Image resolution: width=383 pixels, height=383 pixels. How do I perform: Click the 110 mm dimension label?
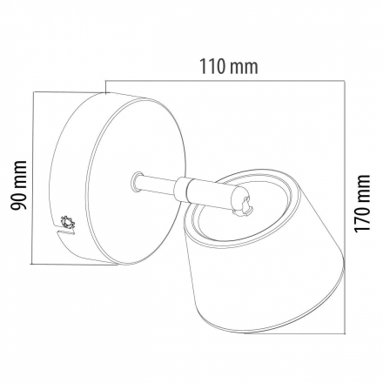tap(228, 67)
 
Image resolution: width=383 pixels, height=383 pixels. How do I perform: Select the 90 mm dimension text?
tap(19, 185)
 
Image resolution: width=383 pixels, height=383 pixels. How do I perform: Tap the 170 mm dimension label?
tap(362, 203)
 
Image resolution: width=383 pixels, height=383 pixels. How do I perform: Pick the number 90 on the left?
tap(19, 200)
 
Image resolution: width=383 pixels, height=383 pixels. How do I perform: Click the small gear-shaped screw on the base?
tap(68, 223)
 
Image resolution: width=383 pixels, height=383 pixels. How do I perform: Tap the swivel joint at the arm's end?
tap(241, 202)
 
